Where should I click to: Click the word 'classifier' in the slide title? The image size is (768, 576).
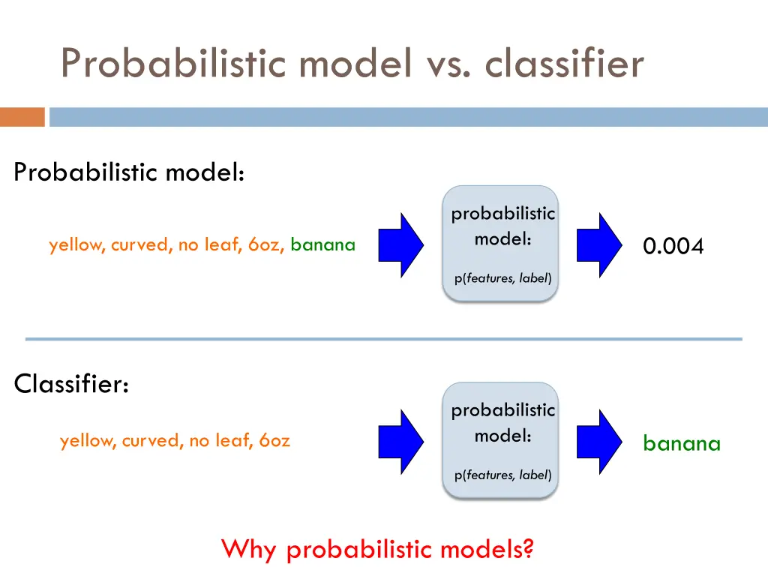[x=564, y=63]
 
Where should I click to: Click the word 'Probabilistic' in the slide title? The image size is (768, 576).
[x=172, y=63]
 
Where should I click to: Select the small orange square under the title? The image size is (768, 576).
[x=22, y=117]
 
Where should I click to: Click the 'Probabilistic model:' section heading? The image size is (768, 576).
[x=129, y=172]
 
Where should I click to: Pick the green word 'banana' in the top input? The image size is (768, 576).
[x=322, y=244]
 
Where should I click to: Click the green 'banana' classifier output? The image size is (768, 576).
[x=681, y=443]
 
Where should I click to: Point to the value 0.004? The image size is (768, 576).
[x=673, y=246]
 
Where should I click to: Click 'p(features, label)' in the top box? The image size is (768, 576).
[x=502, y=278]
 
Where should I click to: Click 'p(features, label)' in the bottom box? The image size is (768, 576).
[x=502, y=475]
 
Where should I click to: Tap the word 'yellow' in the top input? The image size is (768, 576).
[x=76, y=244]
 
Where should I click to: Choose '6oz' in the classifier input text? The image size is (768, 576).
[x=274, y=441]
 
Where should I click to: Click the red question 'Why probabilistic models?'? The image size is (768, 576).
[x=377, y=550]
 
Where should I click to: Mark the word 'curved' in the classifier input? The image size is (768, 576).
[x=148, y=441]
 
